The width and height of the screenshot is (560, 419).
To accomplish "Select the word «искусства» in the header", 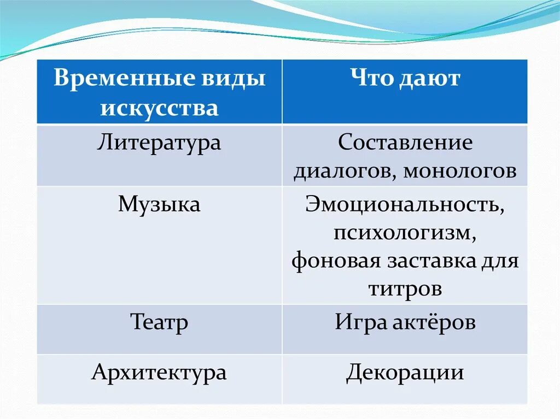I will [x=159, y=108].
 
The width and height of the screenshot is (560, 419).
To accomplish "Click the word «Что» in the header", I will [x=371, y=79].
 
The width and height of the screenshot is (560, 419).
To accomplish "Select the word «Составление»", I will [x=405, y=143].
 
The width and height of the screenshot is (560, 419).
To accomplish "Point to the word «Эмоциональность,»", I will [x=405, y=205].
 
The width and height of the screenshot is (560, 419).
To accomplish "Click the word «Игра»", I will [x=360, y=322].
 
